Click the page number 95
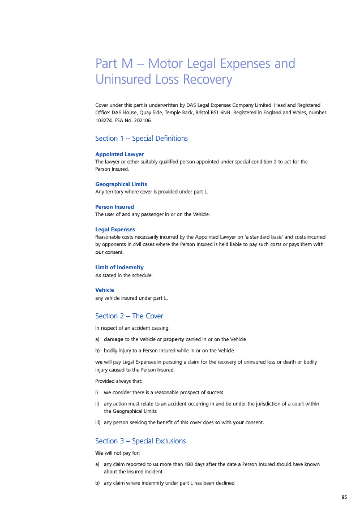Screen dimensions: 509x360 pos(344,497)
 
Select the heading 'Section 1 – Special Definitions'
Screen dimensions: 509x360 pos(142,139)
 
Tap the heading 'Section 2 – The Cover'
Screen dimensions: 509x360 pos(129,316)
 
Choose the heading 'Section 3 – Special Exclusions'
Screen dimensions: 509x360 pos(140,441)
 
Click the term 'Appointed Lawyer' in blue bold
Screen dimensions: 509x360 pos(119,154)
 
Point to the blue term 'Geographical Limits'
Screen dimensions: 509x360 pos(121,184)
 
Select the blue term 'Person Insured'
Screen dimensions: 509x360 pos(114,207)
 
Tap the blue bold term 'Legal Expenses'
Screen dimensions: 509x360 pos(115,230)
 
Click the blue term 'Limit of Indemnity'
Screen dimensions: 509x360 pos(119,268)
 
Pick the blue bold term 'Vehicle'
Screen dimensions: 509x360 pos(105,290)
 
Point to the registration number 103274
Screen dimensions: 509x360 pos(105,120)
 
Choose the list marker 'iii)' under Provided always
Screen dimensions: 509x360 pos(98,422)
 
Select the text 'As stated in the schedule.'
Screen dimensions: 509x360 pos(124,275)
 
